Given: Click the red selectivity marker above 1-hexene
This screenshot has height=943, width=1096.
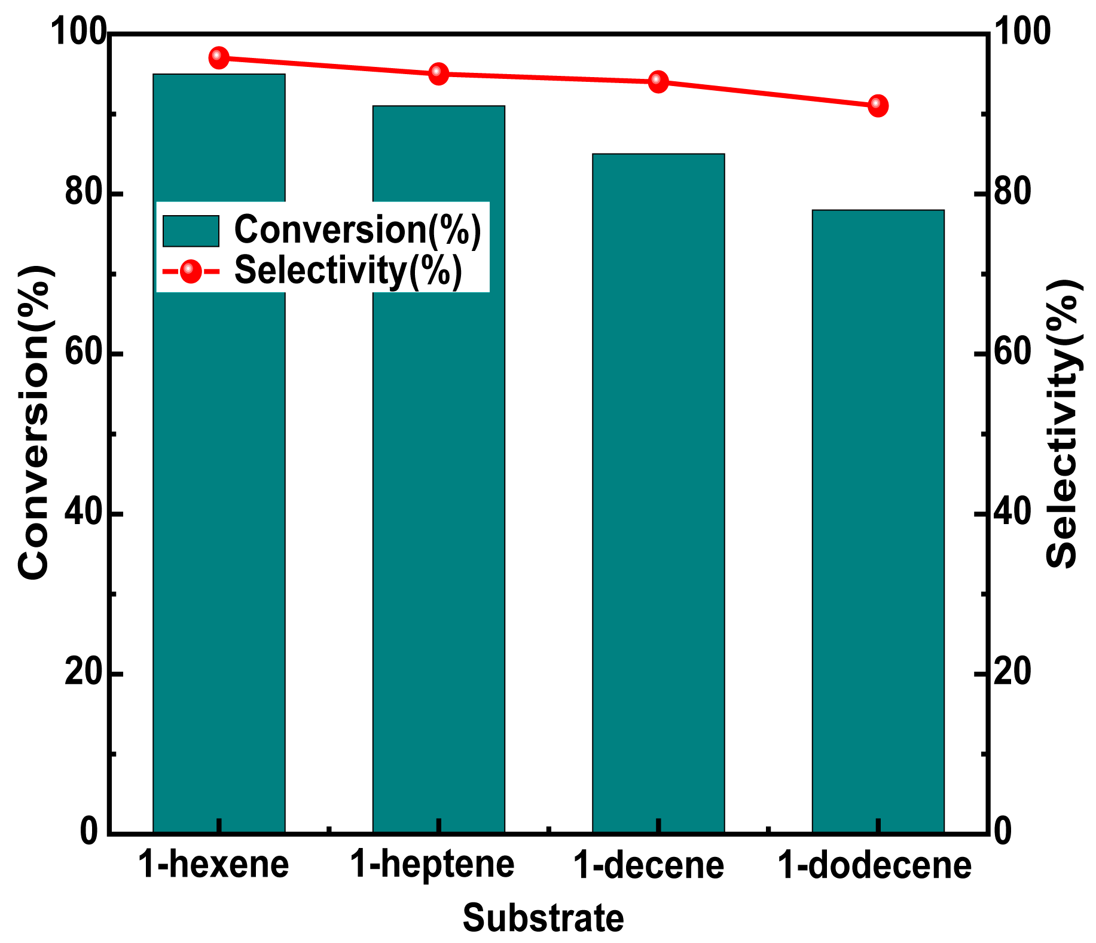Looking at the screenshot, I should [x=219, y=58].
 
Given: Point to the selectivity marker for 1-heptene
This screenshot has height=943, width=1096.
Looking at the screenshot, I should [x=438, y=74].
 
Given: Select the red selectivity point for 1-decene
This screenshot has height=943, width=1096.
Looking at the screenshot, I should [x=658, y=81].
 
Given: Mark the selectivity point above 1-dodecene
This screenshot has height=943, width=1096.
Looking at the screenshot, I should [x=878, y=105].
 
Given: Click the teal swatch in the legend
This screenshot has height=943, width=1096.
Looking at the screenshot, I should [x=191, y=231].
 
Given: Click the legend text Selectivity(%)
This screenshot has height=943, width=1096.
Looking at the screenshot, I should [x=348, y=271].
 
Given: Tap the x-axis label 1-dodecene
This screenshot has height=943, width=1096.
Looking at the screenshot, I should [x=874, y=865].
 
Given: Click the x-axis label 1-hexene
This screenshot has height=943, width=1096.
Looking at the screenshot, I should [x=213, y=865].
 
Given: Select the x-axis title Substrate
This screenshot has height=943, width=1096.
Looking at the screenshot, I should [x=543, y=918].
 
